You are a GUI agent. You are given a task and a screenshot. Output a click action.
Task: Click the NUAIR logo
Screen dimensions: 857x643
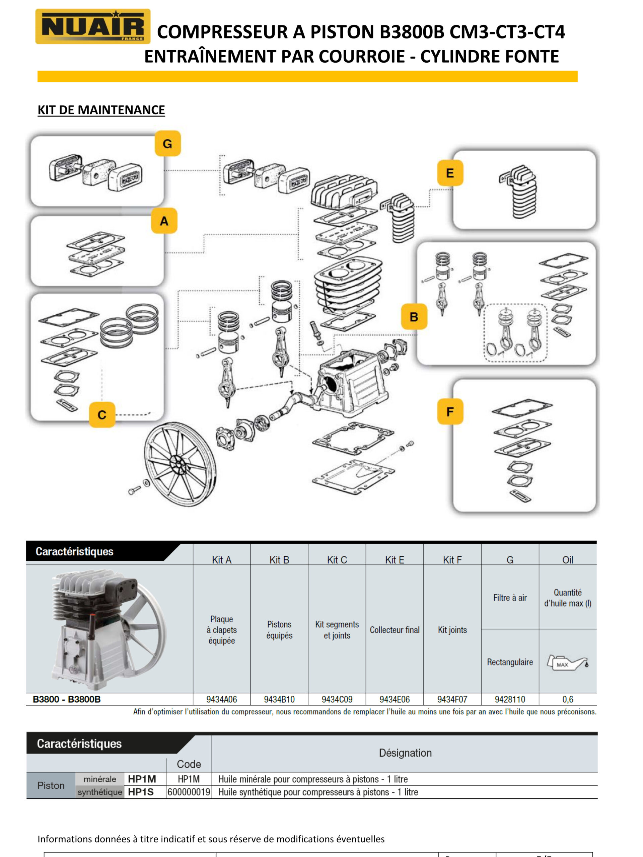tap(93, 26)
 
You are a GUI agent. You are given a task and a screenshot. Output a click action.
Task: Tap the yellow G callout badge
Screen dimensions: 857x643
tap(167, 144)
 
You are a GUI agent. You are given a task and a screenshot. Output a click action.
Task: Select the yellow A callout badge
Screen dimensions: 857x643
tap(164, 221)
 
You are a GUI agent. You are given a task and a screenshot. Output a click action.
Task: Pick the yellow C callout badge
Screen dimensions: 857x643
tap(102, 414)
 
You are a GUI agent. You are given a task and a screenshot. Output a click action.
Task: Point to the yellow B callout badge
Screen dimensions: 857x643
tap(414, 317)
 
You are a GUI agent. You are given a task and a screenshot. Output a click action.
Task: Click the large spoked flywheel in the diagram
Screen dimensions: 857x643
tap(180, 463)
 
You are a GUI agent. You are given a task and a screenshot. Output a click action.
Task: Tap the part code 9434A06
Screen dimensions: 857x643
tap(221, 699)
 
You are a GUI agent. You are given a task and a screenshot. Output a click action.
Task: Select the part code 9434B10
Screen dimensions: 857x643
tap(279, 699)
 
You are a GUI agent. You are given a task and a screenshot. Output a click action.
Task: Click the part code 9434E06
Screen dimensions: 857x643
tap(394, 699)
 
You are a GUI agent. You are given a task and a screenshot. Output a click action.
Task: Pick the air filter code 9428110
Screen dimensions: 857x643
tap(510, 699)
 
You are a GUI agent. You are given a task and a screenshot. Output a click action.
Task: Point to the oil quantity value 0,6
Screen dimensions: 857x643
tap(567, 699)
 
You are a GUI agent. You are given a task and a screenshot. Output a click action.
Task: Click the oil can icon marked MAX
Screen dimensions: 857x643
tap(567, 663)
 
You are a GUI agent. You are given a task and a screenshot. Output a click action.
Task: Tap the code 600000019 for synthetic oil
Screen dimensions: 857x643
tap(189, 792)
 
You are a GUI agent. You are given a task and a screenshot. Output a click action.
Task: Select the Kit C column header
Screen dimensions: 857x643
tap(337, 560)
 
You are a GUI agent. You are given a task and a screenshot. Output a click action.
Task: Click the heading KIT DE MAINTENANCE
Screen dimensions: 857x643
tap(101, 110)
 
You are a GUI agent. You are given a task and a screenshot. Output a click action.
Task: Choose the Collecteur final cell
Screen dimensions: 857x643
tap(394, 630)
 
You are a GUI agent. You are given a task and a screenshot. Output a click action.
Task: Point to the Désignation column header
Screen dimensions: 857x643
tap(405, 753)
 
